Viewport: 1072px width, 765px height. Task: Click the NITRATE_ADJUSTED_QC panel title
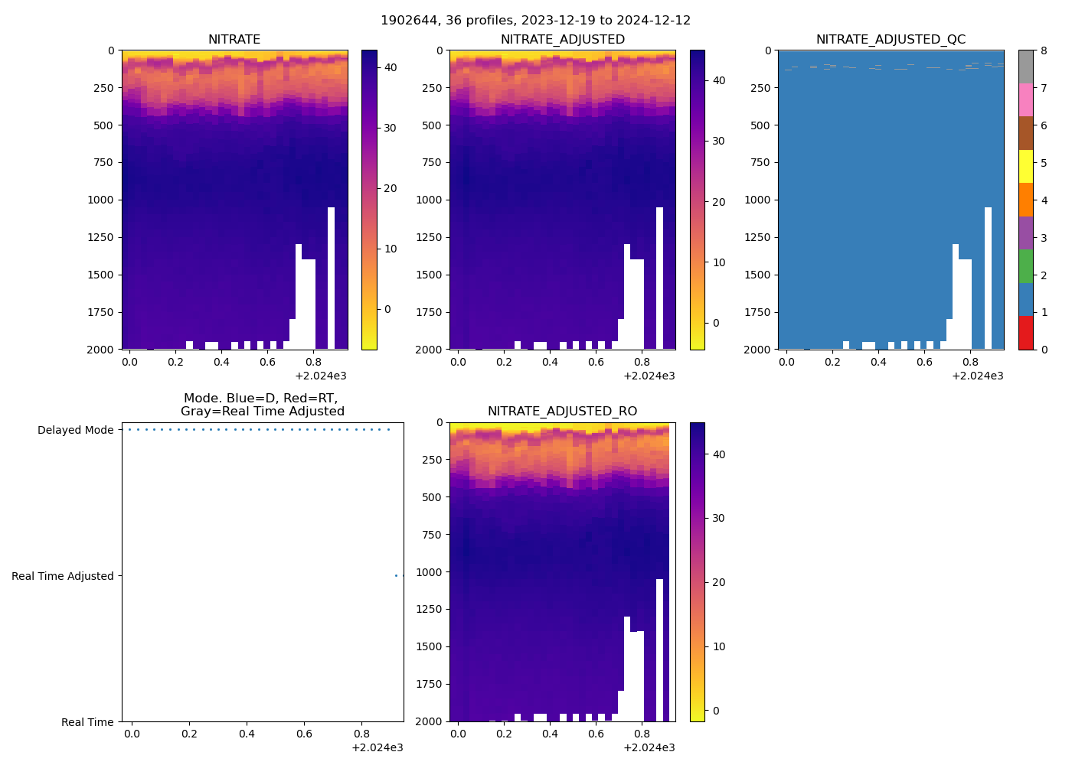tap(891, 40)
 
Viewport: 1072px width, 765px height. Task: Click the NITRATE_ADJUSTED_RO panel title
tap(562, 412)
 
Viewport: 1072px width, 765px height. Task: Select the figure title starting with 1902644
tap(535, 21)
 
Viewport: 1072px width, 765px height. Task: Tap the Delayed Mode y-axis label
tap(75, 430)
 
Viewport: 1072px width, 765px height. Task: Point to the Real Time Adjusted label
tap(63, 576)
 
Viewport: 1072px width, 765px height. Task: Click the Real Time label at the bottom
tap(87, 722)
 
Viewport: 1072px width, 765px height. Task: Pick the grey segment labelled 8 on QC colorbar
tap(1025, 67)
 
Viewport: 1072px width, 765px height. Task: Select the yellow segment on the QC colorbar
tap(1025, 166)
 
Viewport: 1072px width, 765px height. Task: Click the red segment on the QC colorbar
tap(1025, 333)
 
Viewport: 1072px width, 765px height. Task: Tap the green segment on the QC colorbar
tap(1025, 266)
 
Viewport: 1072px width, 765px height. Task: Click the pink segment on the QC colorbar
tap(1025, 100)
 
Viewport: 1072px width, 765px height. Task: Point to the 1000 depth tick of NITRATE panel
tap(101, 200)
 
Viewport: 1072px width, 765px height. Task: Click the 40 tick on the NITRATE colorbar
tap(390, 67)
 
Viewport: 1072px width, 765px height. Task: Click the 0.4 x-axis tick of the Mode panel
tap(247, 734)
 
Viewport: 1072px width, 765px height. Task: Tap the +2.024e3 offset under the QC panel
tap(977, 376)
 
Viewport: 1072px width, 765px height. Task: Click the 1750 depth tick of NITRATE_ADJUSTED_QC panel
tap(758, 312)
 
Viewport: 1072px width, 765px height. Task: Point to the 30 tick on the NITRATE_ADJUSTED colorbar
tap(718, 141)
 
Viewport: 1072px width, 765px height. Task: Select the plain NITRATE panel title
tap(234, 40)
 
